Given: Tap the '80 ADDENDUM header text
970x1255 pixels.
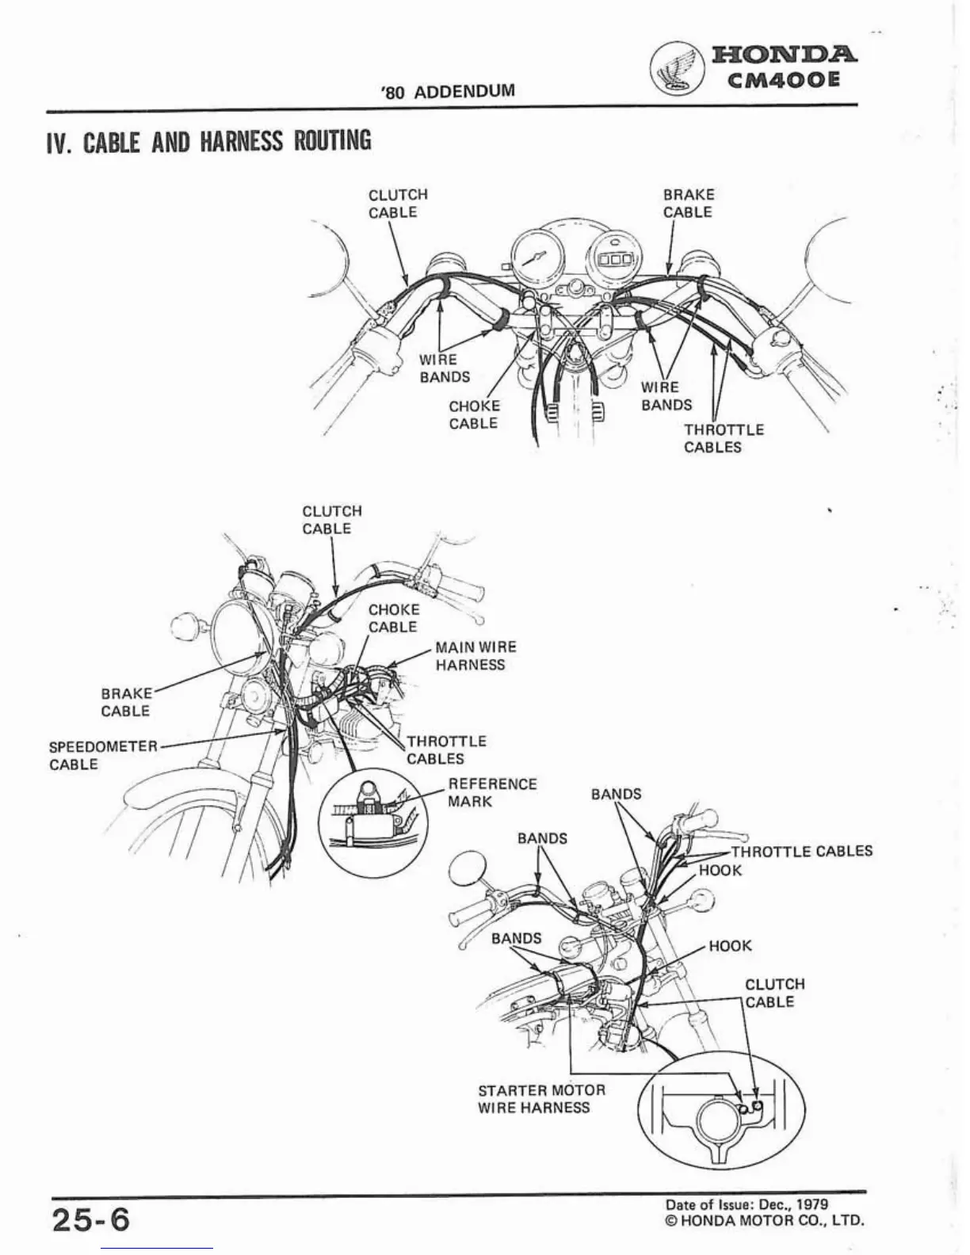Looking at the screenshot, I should coord(447,90).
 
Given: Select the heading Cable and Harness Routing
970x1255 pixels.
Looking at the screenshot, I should coord(208,141).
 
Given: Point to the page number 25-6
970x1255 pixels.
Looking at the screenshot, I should coord(90,1218).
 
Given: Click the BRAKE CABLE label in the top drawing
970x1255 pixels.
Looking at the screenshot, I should coord(688,204).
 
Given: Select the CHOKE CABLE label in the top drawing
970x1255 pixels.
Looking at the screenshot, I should coord(474,414).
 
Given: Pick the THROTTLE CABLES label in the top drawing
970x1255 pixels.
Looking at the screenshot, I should coord(724,438).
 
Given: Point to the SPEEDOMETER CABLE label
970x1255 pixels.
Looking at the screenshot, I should coord(103,755).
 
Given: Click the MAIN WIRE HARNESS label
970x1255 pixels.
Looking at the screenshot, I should coord(475,656).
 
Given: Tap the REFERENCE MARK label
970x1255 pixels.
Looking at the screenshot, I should coord(492,792).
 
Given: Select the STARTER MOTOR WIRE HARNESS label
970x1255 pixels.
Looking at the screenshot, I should coord(541,1099).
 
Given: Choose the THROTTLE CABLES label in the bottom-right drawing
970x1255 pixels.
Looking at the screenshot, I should coord(800,851).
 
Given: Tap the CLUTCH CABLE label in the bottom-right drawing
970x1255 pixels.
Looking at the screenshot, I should coord(774,993).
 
